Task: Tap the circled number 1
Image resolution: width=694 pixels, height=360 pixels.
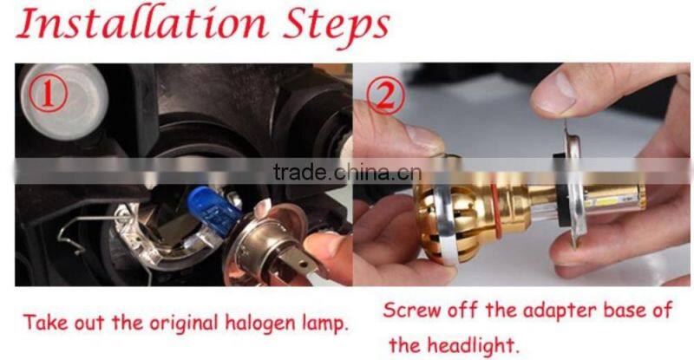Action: point(49,93)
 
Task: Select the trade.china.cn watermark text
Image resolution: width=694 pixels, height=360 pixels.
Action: point(347,171)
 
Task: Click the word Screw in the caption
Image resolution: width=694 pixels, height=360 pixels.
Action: point(410,310)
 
